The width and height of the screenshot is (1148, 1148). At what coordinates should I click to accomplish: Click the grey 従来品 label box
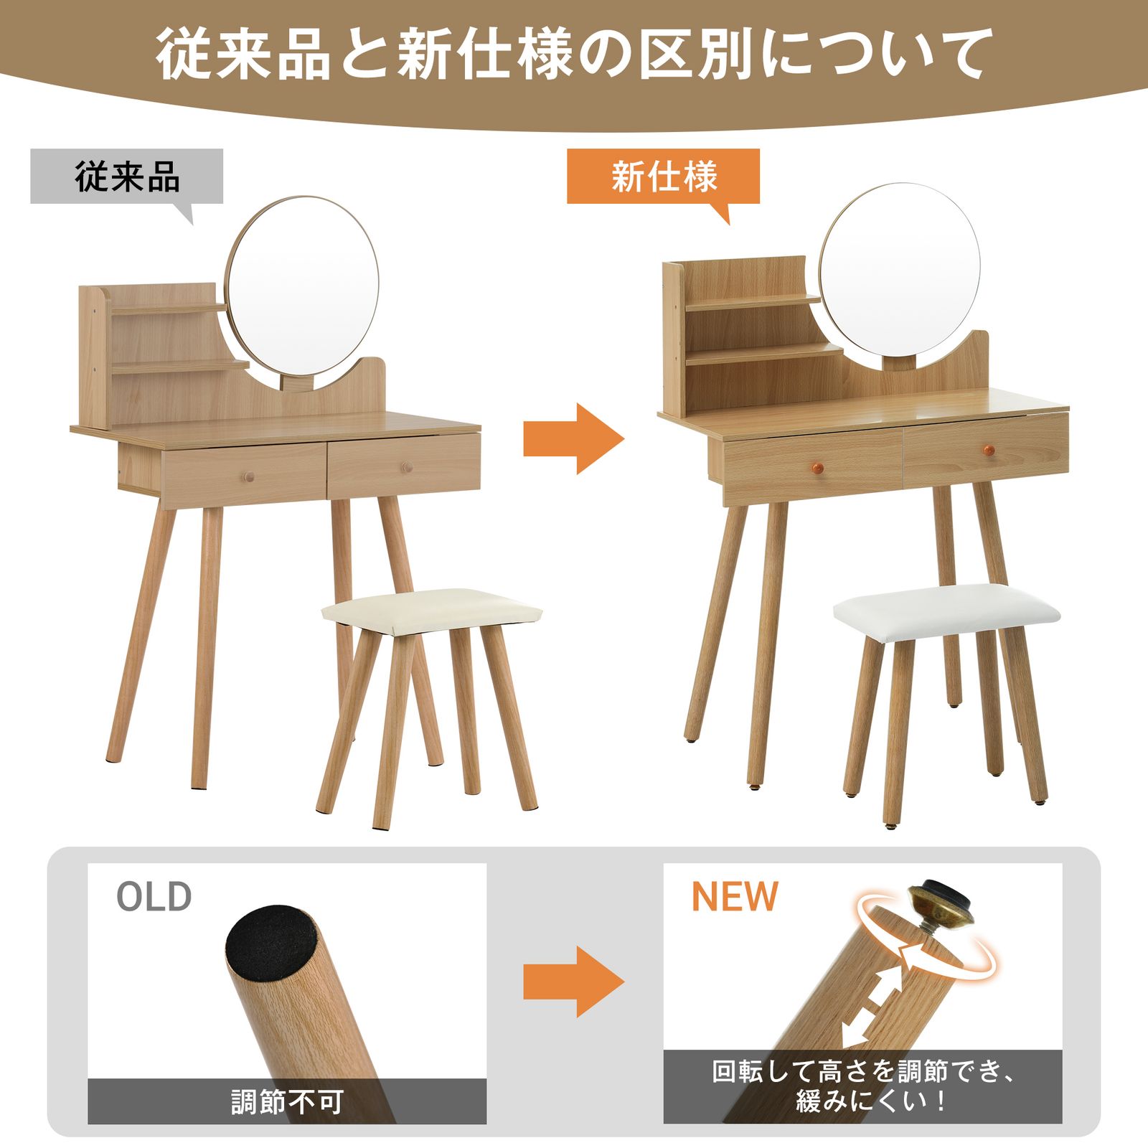tap(126, 177)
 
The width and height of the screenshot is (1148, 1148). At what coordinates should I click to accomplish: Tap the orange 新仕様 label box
tap(663, 177)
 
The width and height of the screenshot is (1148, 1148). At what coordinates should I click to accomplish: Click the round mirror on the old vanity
tap(301, 287)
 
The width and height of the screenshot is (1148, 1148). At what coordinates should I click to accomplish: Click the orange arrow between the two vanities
tap(573, 438)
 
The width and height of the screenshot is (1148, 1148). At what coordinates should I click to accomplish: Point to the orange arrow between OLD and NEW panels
tap(573, 981)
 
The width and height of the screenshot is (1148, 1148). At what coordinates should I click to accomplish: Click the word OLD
tap(154, 897)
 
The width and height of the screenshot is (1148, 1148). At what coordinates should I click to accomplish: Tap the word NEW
tap(734, 897)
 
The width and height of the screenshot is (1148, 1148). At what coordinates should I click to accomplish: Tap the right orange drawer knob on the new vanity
tap(988, 450)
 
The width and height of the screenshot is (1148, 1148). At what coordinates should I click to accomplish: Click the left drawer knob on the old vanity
tap(247, 475)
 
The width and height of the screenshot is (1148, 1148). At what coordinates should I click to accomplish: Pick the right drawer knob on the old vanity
tap(407, 467)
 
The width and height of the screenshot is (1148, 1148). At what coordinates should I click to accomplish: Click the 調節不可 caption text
tap(287, 1101)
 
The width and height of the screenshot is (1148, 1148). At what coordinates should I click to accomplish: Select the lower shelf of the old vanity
tap(179, 367)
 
